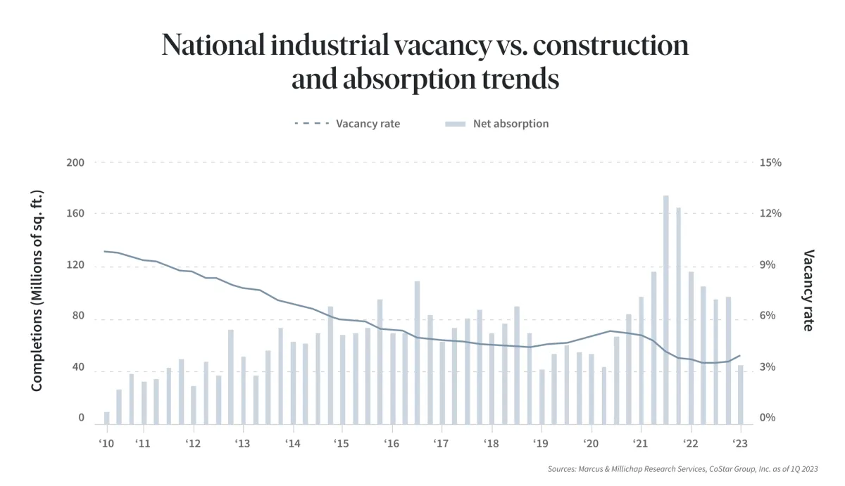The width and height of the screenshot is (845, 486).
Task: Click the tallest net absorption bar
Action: pos(665,309)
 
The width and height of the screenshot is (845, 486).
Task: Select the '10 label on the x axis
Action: pos(107,444)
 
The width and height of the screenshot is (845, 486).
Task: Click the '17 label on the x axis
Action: pos(442,444)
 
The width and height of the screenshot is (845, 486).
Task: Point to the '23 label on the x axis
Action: pos(741,444)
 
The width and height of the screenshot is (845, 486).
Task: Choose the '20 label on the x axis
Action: pos(591,444)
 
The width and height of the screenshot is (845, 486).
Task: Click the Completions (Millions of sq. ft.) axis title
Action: pos(37,290)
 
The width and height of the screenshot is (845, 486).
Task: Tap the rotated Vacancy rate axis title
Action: pos(808,290)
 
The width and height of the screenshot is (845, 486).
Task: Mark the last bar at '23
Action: pos(741,395)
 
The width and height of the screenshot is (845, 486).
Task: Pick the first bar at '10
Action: pos(107,418)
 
